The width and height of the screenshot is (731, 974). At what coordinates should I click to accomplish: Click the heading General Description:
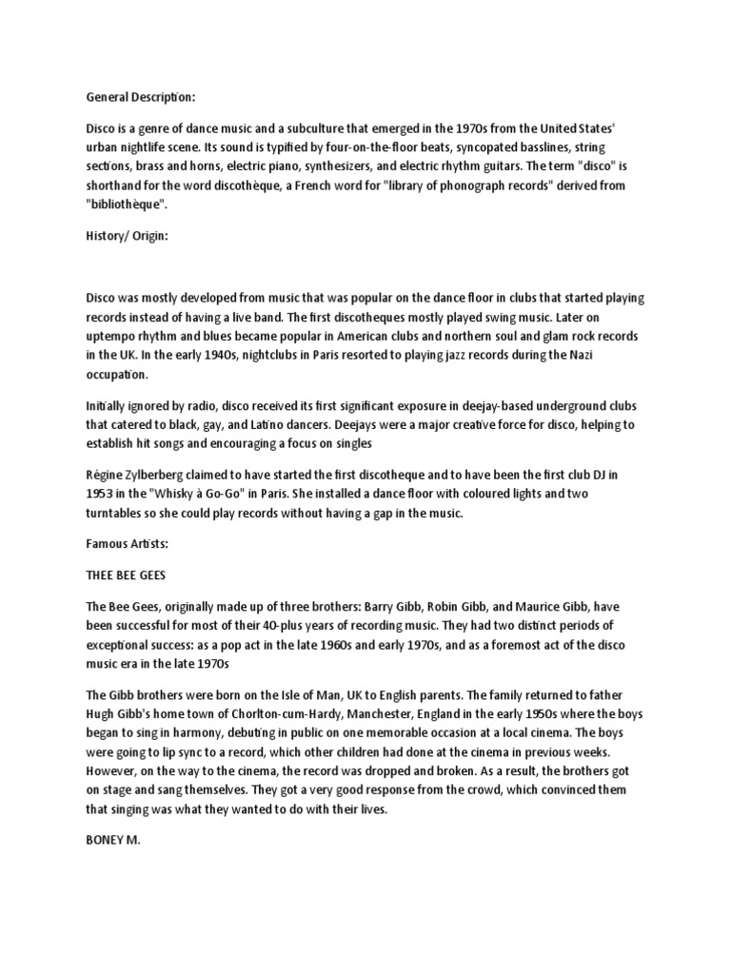coord(141,96)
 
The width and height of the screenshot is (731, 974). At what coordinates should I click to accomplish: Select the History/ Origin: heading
coord(127,236)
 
